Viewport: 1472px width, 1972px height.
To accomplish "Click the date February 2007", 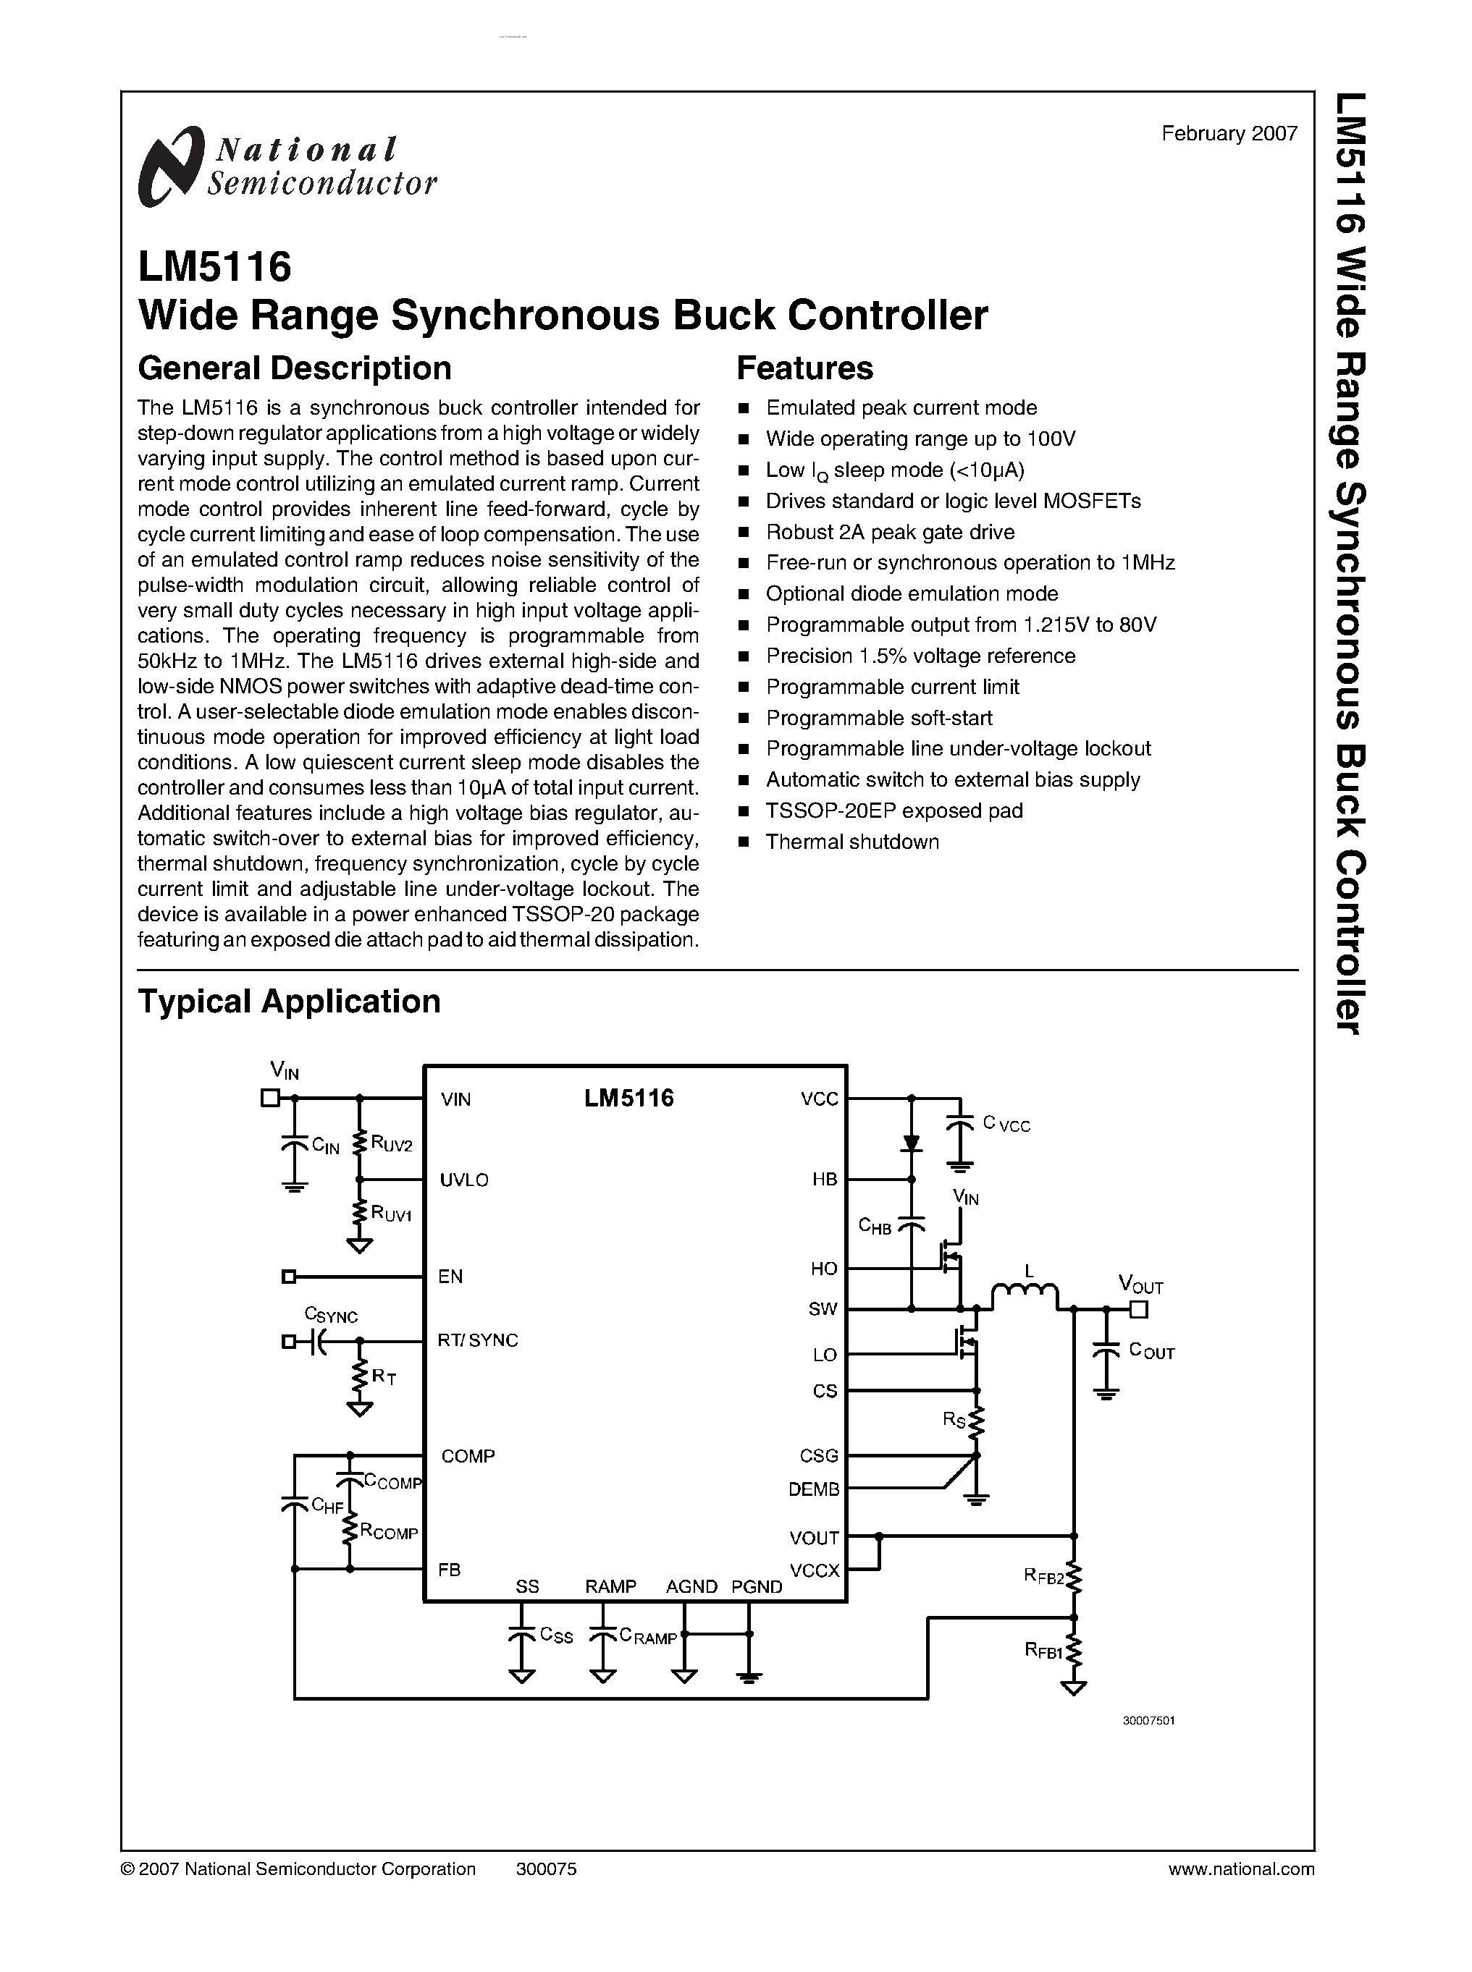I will [x=1229, y=134].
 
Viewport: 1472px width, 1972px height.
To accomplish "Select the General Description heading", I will [x=294, y=368].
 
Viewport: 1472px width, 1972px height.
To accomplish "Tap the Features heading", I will [x=804, y=368].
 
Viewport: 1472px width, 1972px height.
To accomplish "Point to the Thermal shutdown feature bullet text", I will [x=851, y=842].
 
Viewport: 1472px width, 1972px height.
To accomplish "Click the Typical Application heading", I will [x=289, y=1001].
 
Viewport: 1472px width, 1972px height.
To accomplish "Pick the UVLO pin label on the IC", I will [x=464, y=1180].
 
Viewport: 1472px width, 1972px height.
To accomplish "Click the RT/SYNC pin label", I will [x=478, y=1340].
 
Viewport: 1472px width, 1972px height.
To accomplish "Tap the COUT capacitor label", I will [x=1151, y=1351].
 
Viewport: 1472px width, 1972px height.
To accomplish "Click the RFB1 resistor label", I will [x=1043, y=1651].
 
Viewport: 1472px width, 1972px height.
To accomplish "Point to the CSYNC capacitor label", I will [x=331, y=1316].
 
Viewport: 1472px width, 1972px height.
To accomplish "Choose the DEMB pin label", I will [x=814, y=1489].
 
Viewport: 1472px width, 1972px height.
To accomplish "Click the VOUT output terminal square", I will [x=1139, y=1309].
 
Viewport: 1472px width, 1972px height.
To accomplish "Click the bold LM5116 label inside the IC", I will [x=629, y=1099].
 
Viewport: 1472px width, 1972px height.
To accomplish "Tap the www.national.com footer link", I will [x=1240, y=1869].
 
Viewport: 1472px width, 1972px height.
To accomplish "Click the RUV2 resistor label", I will [x=392, y=1145].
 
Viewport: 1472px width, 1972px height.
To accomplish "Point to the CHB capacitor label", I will [x=874, y=1227].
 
